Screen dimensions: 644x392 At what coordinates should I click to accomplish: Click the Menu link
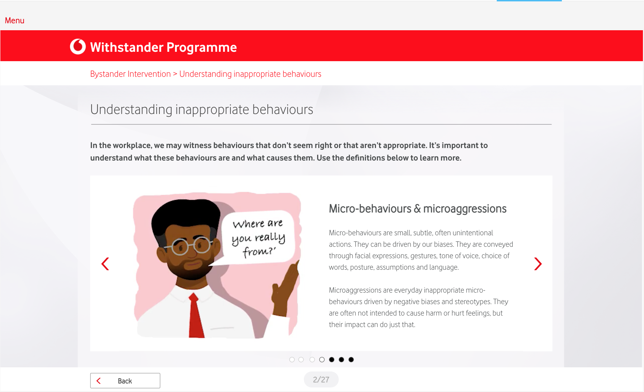click(x=15, y=21)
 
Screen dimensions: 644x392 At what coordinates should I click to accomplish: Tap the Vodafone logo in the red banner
click(x=78, y=47)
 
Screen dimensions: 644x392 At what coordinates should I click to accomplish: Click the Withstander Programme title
click(x=163, y=47)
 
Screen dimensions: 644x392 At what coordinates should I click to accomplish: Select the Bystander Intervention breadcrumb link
click(x=131, y=74)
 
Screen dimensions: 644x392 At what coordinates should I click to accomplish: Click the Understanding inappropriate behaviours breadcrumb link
click(x=250, y=74)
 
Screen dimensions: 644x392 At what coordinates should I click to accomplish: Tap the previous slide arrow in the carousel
click(x=105, y=264)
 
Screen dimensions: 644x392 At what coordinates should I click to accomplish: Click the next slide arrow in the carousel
click(x=538, y=264)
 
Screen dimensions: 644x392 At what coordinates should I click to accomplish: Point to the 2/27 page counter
click(x=321, y=379)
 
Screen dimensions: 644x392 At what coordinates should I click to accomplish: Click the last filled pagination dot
click(x=351, y=360)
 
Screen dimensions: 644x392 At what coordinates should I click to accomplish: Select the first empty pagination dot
click(x=292, y=360)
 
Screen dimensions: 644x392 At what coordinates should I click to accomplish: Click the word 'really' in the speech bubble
click(x=270, y=238)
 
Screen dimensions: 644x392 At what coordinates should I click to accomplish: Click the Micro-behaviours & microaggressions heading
click(x=418, y=209)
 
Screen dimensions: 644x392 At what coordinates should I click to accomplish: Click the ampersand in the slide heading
click(x=417, y=209)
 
